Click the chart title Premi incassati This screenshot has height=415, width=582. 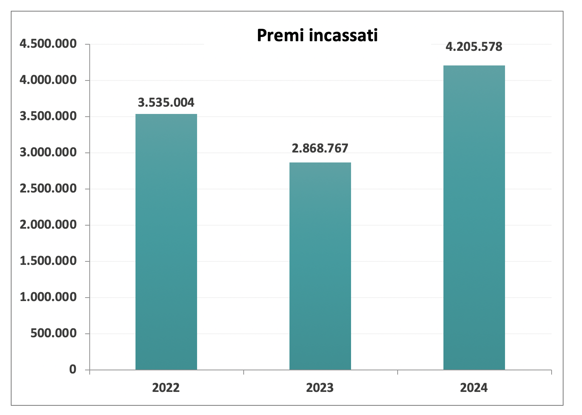(x=317, y=35)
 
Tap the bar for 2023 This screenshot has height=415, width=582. (x=320, y=266)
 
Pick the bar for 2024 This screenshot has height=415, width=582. (x=474, y=218)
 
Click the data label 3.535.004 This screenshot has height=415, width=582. (x=166, y=102)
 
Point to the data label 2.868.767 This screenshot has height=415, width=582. (x=320, y=148)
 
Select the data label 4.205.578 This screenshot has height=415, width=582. (x=474, y=47)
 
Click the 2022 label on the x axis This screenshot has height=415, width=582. (x=166, y=387)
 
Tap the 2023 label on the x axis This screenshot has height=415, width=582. (x=320, y=387)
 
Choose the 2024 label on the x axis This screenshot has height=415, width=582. (x=474, y=387)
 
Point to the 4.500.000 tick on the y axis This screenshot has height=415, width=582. (x=48, y=44)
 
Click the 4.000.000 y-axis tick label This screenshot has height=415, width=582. (x=48, y=80)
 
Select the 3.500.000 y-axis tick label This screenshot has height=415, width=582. (x=48, y=116)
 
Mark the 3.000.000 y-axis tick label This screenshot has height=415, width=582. (x=48, y=152)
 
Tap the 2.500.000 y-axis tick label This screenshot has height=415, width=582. (x=48, y=189)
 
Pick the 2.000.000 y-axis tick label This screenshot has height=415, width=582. (x=48, y=225)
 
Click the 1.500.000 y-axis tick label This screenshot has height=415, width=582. (x=48, y=261)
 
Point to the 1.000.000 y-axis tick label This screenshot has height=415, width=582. (x=48, y=297)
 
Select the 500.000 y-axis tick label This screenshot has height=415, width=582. (x=54, y=333)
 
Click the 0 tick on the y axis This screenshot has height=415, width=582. (x=73, y=370)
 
